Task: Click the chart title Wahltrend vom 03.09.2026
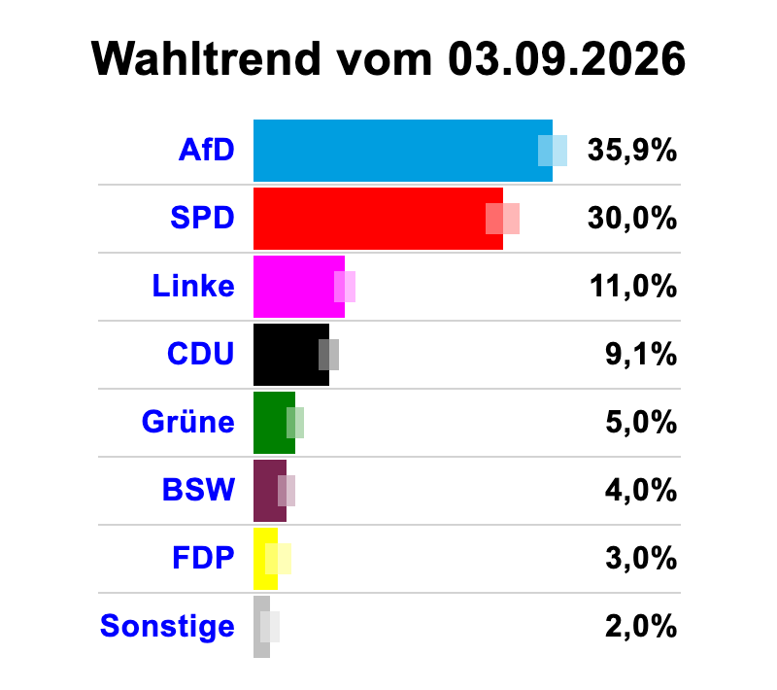pos(388,59)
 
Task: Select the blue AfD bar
pos(403,151)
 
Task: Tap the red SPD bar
pos(378,219)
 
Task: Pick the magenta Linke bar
pos(299,287)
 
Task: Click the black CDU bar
pos(291,355)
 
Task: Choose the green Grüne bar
pos(274,423)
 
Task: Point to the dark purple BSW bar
pos(270,491)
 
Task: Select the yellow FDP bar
pos(265,559)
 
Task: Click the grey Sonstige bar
pos(261,627)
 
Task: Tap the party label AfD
pos(207,150)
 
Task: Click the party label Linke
pos(193,286)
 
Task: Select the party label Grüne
pos(188,422)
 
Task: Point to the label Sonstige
pos(167,627)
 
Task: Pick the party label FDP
pos(203,558)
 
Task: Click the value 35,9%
pos(632,151)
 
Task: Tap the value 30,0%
pos(632,218)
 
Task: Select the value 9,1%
pos(641,355)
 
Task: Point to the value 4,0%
pos(641,490)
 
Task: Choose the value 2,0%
pos(641,626)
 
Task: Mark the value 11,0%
pos(633,287)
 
